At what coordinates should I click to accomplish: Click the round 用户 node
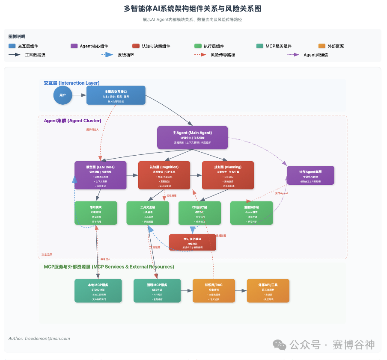click(63, 95)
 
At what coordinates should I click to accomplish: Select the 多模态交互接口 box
click(116, 95)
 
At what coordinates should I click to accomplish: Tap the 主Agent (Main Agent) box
click(192, 137)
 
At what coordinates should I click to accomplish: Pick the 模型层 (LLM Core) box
click(101, 175)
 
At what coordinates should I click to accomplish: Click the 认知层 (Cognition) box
click(164, 175)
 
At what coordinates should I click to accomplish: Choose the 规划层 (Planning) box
click(228, 175)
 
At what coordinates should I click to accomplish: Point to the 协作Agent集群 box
click(310, 175)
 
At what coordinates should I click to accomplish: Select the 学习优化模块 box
click(192, 242)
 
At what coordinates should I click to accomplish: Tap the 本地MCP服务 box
click(98, 291)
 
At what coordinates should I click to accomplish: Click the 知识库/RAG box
click(214, 291)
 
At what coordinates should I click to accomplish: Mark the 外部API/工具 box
click(268, 291)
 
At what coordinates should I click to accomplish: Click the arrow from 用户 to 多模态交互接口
click(79, 95)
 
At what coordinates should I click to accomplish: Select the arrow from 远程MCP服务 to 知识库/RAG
click(187, 291)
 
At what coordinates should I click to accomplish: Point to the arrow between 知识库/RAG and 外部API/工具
click(241, 291)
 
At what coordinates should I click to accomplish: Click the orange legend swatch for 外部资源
click(322, 46)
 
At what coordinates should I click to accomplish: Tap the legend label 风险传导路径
click(223, 55)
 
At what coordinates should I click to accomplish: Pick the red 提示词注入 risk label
click(92, 130)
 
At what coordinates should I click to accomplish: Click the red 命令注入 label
click(105, 259)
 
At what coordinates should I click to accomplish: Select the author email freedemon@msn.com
click(39, 338)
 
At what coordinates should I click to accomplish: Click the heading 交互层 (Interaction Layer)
click(71, 83)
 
